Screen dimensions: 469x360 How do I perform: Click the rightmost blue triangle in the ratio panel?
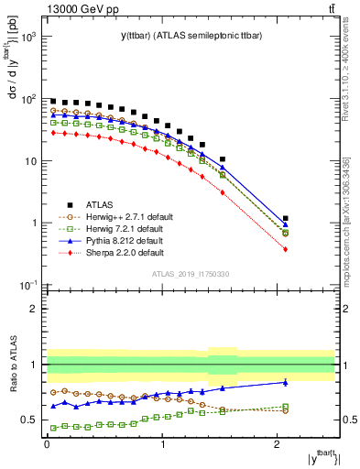click(286, 382)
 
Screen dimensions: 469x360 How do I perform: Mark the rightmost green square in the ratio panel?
click(286, 406)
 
